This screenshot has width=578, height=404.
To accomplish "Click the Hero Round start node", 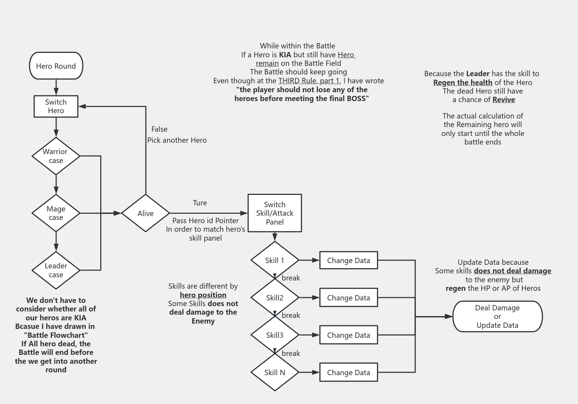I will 56,66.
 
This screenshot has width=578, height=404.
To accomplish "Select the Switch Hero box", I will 56,106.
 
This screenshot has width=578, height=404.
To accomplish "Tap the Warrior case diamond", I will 56,156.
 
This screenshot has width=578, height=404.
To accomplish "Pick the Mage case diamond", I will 56,213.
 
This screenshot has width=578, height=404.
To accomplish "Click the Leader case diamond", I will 56,270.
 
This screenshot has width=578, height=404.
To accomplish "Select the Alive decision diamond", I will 145,213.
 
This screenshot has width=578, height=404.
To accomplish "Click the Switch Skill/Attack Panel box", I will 274,213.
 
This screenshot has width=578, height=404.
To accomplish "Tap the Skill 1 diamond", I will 274,260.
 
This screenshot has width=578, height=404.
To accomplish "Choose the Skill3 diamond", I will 274,335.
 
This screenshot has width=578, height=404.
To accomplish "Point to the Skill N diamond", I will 274,372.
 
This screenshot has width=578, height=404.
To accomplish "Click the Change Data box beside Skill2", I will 348,298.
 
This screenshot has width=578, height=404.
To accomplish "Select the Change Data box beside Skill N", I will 348,372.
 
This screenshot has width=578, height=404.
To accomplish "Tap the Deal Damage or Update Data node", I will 497,316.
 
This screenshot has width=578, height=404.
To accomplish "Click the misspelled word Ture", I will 200,203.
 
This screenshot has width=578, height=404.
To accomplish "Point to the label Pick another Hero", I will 177,140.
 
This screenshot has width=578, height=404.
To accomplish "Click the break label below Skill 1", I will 291,278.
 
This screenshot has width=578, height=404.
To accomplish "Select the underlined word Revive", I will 503,100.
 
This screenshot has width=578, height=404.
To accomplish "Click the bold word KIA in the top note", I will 285,55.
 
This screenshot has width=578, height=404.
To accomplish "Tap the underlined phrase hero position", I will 203,295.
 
